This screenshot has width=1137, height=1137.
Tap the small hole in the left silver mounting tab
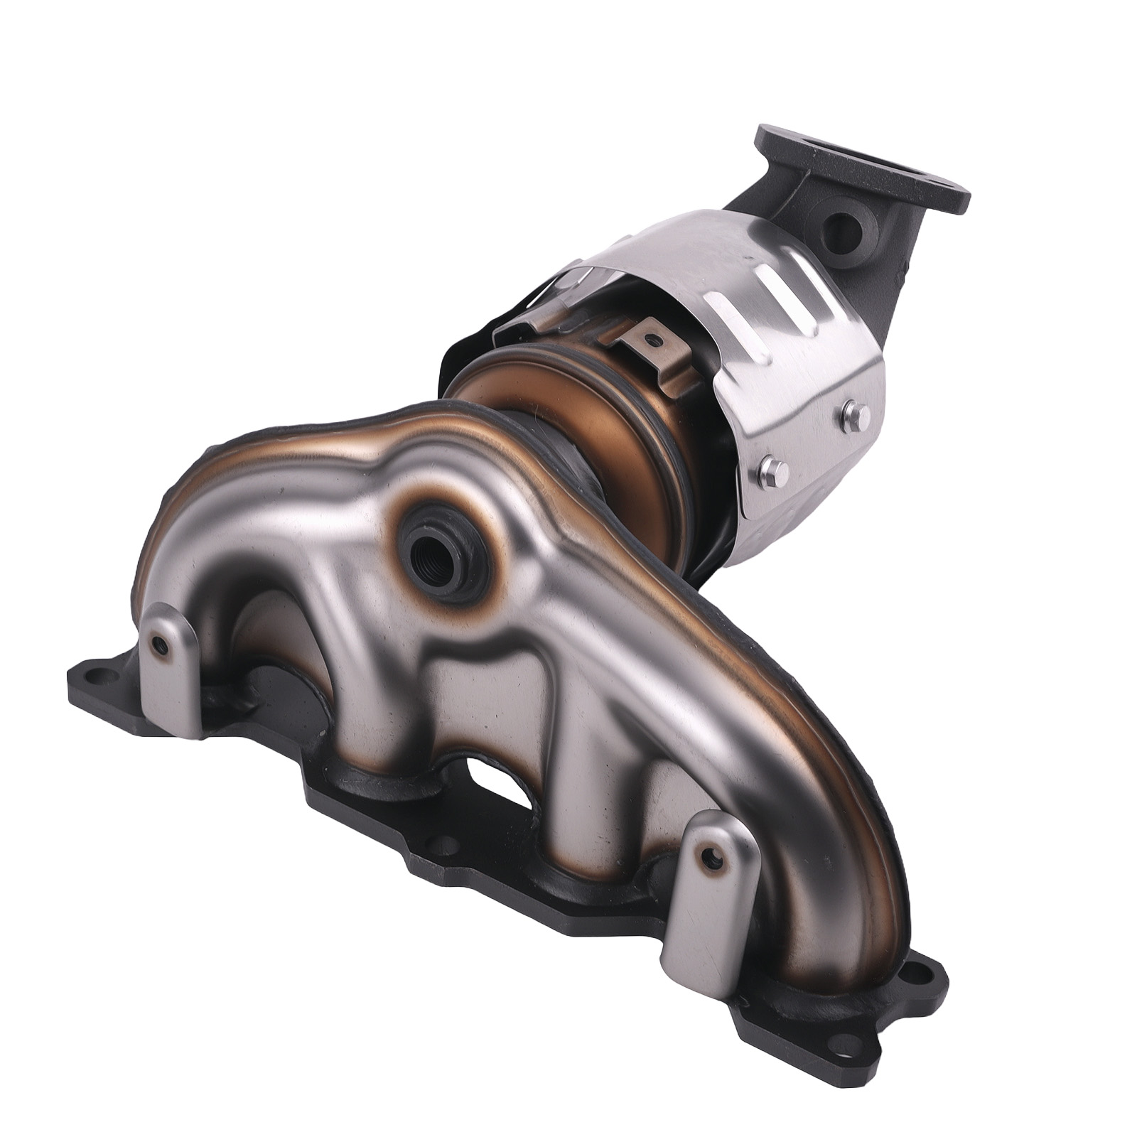click(x=163, y=645)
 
